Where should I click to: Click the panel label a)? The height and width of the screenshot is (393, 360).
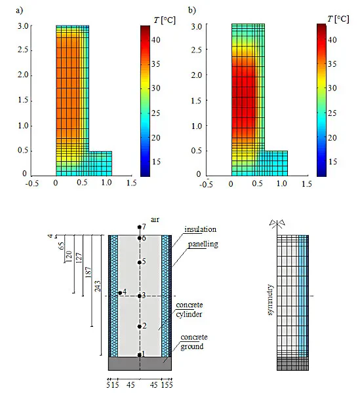click(x=19, y=10)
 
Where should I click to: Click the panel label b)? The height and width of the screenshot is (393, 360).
click(x=192, y=10)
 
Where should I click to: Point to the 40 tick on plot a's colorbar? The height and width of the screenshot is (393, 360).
click(x=156, y=40)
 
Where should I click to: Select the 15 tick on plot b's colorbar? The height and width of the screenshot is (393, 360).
click(x=332, y=162)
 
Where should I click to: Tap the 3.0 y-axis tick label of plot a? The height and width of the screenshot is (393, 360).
click(x=22, y=26)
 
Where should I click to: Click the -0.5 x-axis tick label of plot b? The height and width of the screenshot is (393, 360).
click(x=206, y=184)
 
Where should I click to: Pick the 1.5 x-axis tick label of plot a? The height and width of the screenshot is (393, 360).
click(x=131, y=183)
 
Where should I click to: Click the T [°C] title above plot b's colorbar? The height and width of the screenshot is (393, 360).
click(x=338, y=19)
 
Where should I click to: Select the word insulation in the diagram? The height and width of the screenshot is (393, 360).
click(x=200, y=229)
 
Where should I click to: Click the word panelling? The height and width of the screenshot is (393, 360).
click(x=203, y=244)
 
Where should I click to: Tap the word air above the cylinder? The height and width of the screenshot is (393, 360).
click(x=155, y=220)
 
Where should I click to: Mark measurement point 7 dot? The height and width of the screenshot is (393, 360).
click(x=140, y=227)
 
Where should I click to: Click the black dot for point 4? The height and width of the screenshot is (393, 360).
click(x=120, y=293)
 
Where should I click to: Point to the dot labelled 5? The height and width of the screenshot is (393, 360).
click(x=140, y=263)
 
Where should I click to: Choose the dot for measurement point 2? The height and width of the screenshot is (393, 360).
click(x=140, y=326)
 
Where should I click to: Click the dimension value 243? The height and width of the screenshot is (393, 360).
click(x=97, y=286)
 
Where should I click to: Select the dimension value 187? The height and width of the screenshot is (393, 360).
click(x=89, y=272)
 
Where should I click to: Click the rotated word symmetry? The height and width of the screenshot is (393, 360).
click(x=270, y=299)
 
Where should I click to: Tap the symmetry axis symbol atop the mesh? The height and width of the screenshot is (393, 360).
click(x=277, y=224)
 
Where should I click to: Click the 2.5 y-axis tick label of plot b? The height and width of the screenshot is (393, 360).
click(x=196, y=50)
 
